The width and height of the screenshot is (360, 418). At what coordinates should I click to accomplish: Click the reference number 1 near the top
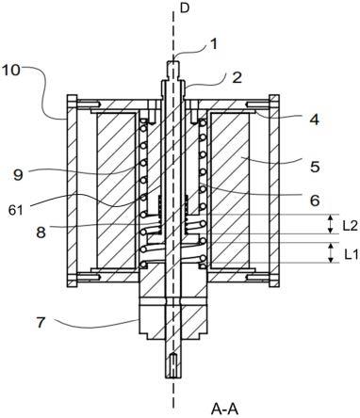coord(214,44)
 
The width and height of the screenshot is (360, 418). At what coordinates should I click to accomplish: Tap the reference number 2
coord(237,77)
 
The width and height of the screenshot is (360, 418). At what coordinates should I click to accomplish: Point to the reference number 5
coord(315,167)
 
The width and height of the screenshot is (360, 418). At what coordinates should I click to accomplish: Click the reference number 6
coord(315,200)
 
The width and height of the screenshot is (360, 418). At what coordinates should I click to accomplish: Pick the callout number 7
coord(41,323)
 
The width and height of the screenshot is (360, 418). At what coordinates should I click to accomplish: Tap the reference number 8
coord(41,233)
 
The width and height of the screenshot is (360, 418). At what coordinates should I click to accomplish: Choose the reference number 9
coord(18,175)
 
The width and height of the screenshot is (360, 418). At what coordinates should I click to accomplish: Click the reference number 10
coord(10,71)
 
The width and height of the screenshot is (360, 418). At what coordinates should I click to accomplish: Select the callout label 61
coord(16,210)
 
